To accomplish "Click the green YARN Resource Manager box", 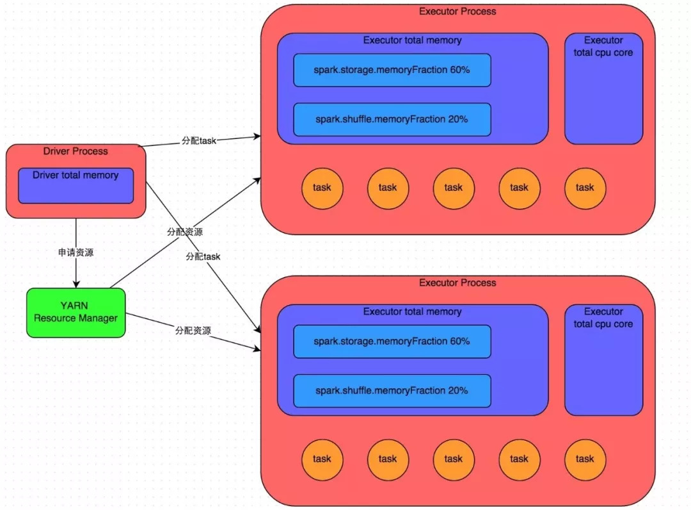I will point(75,313).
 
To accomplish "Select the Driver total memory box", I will point(75,186).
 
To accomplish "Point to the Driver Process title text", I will point(75,152).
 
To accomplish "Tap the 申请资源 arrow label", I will point(75,252).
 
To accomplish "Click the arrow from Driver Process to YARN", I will point(76,269).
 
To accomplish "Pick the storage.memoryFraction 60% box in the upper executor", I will point(392,70).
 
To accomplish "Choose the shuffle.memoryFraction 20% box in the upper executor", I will point(392,119).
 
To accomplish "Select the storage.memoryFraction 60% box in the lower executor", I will point(392,341).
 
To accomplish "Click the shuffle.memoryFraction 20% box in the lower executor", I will point(392,390).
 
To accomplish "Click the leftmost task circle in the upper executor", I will point(322,188).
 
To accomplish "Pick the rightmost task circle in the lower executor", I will point(585,459).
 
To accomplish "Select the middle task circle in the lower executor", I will point(453,459).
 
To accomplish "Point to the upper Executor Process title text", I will point(457,11).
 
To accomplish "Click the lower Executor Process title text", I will point(457,283).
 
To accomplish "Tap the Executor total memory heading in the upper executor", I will point(412,40).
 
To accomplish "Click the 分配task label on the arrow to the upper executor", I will point(199,140).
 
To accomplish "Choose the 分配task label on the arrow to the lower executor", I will point(203,256).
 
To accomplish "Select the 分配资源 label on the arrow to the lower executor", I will point(193,331).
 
